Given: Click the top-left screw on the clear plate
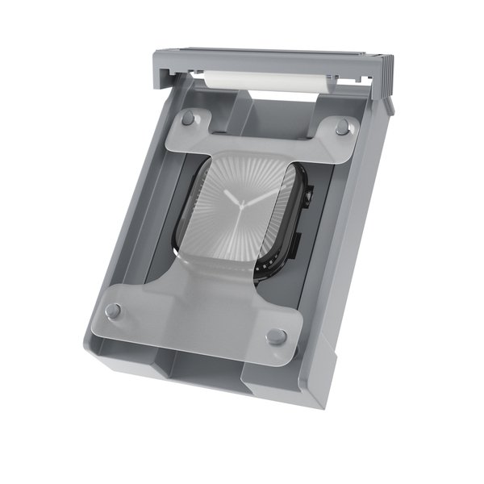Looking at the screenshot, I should tap(188, 118).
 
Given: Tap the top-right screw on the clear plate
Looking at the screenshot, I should tap(341, 126).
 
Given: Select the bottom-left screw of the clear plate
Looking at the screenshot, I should tap(113, 311).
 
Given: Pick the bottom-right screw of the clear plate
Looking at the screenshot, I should tap(277, 336).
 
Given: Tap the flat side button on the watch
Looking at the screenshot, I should tap(298, 243).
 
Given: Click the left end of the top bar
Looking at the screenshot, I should tap(161, 68).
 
